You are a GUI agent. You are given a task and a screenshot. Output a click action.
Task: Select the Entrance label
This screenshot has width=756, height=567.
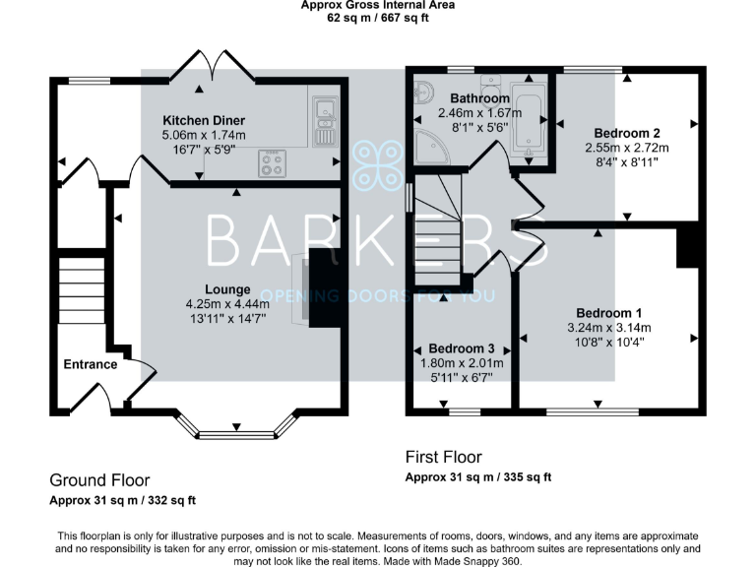(x=90, y=364)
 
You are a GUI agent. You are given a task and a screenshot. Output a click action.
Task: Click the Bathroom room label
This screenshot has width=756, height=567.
(x=479, y=99)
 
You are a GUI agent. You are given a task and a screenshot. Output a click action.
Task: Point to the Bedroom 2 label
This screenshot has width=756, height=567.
(x=626, y=133)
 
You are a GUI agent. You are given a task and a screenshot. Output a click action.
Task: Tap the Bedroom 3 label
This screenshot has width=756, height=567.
(x=462, y=349)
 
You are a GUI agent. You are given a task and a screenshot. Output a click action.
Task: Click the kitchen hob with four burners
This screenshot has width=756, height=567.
(x=272, y=162)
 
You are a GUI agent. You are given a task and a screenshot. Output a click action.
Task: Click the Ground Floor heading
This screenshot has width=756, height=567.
(x=99, y=480)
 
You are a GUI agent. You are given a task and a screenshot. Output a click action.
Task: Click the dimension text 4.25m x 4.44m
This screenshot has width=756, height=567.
(x=228, y=304)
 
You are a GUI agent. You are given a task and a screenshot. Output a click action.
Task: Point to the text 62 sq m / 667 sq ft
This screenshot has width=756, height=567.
(x=377, y=18)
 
